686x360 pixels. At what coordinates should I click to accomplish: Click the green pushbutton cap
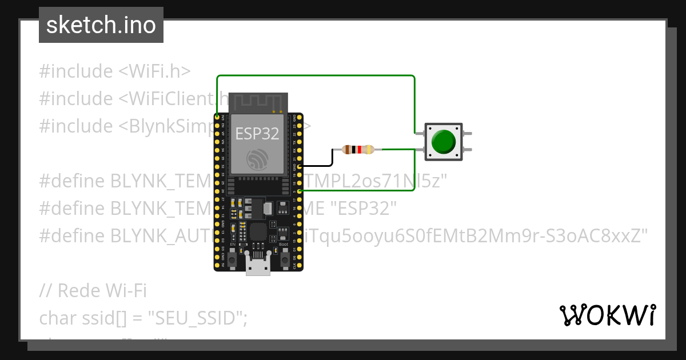click(444, 141)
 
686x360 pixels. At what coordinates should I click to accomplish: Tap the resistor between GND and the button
click(358, 150)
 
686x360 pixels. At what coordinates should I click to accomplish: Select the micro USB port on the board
click(258, 265)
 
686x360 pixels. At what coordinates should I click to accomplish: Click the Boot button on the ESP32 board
click(284, 261)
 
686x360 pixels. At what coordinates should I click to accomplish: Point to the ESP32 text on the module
click(257, 134)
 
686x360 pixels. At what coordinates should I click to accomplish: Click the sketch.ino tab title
click(101, 25)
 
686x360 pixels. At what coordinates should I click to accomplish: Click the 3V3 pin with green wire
click(217, 117)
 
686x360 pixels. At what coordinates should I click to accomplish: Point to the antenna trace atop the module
click(257, 101)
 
